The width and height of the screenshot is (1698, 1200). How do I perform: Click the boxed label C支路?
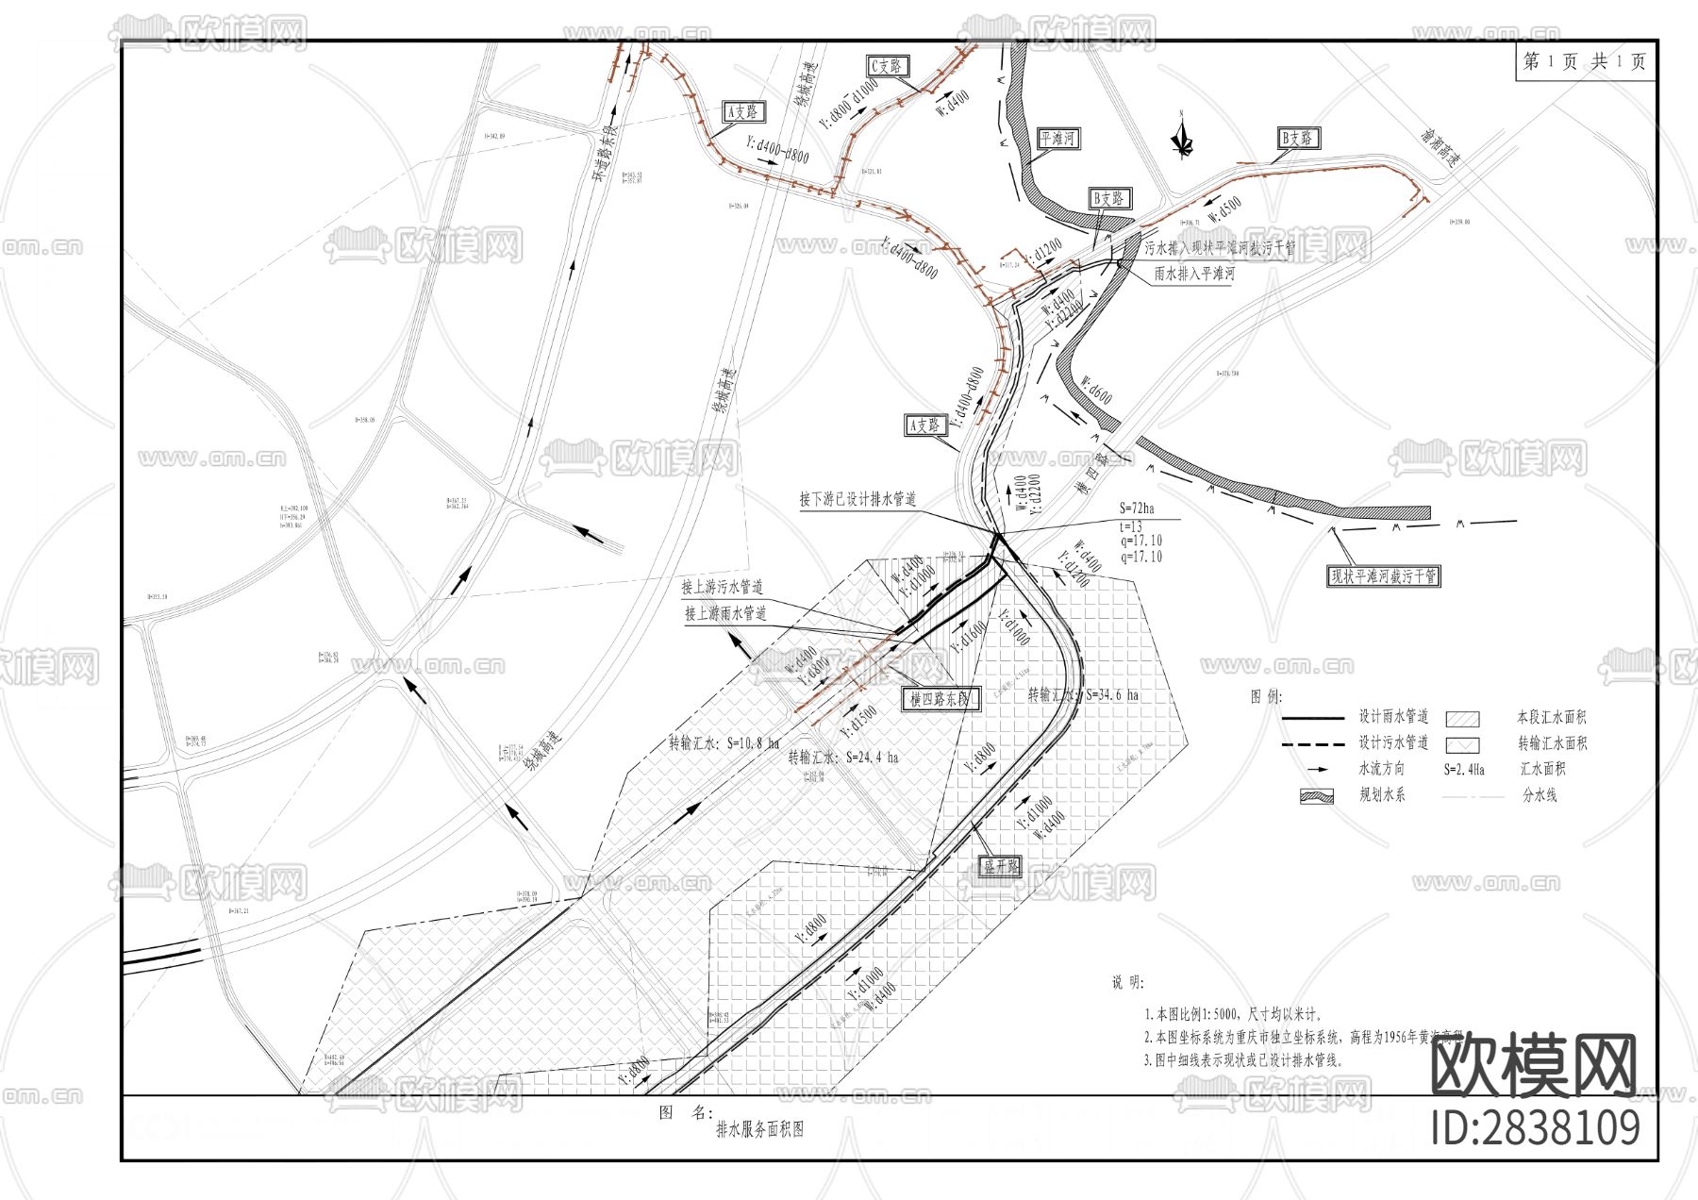coord(888,65)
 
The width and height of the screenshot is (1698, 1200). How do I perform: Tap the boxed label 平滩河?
coord(1057,139)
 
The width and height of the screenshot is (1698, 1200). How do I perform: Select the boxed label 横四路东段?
coord(940,699)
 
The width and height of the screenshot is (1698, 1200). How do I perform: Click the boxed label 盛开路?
coord(1001,865)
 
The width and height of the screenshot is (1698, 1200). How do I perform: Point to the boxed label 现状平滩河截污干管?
coord(1384,575)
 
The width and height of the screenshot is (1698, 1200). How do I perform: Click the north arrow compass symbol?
coord(1181,136)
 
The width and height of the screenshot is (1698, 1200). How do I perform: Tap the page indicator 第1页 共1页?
coord(1585,61)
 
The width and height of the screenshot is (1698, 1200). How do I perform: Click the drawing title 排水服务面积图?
coord(760,1129)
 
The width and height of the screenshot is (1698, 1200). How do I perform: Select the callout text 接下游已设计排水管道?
coord(857,499)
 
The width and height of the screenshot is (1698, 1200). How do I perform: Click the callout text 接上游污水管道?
coord(723,587)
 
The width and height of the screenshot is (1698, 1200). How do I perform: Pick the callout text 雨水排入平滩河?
coord(1194,274)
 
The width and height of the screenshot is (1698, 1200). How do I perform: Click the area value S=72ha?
coord(1137,508)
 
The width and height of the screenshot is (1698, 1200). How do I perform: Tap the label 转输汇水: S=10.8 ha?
coord(724,742)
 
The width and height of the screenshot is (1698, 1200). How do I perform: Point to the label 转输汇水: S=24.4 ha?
coord(843,757)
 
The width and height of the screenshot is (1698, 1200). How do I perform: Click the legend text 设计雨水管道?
coord(1393,716)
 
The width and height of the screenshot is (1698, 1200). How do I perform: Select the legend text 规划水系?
coord(1382,794)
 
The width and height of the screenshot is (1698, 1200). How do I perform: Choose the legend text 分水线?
coord(1540,795)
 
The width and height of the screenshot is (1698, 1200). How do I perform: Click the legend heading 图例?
coord(1266,696)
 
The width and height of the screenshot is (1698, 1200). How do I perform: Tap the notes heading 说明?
coord(1128,983)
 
